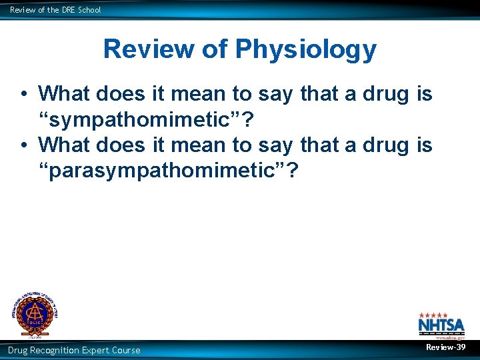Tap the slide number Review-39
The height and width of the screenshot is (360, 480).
tap(445, 348)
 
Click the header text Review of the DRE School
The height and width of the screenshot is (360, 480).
tap(55, 10)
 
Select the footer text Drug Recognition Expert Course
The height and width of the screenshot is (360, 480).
tap(74, 350)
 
